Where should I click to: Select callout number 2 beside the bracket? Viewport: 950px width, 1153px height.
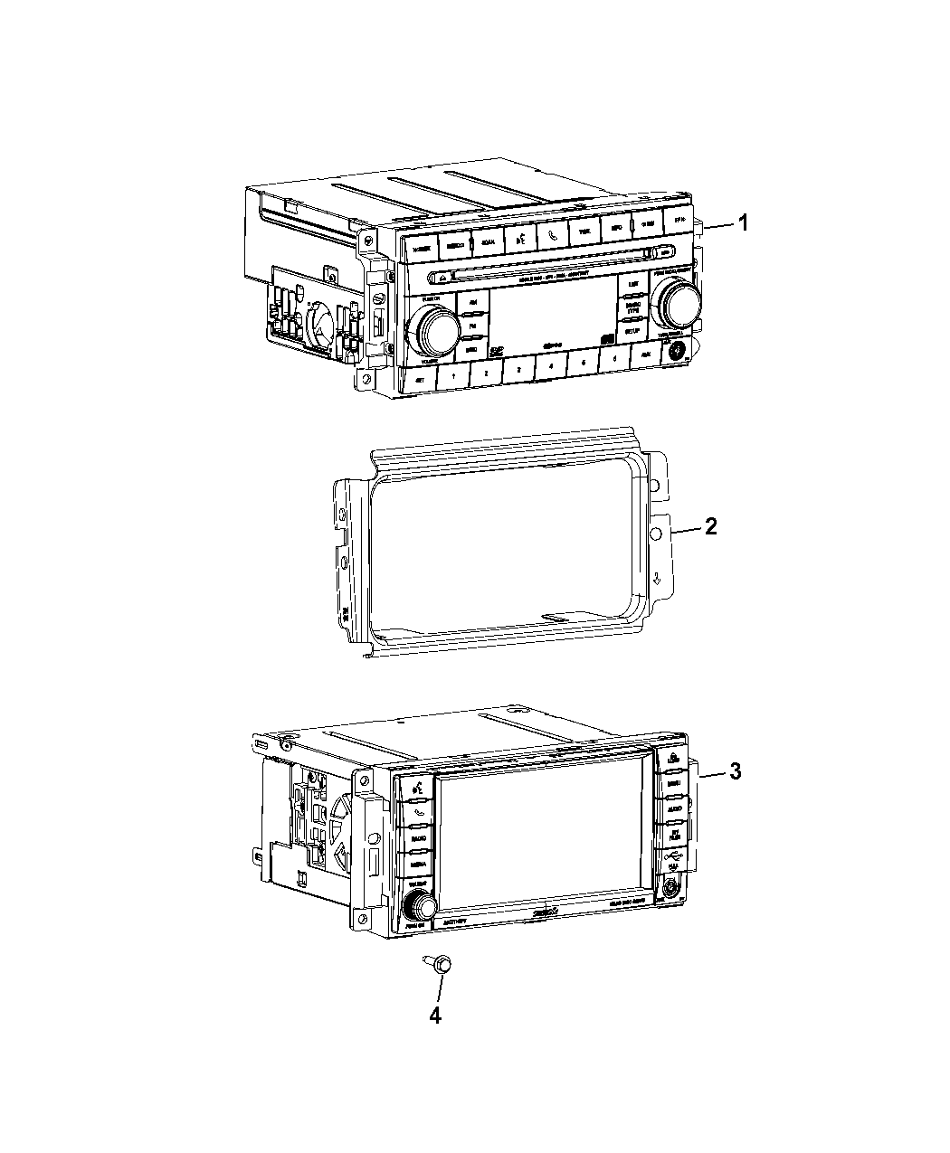(711, 526)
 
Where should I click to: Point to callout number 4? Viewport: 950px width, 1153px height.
(435, 1016)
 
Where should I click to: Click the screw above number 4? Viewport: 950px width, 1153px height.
(439, 966)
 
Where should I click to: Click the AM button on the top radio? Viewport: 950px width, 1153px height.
(472, 304)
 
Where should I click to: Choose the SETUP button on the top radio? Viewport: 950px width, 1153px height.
(633, 331)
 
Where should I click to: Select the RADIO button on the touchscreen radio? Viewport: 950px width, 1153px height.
(417, 839)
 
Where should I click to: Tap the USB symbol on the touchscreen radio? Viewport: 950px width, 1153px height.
(670, 855)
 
